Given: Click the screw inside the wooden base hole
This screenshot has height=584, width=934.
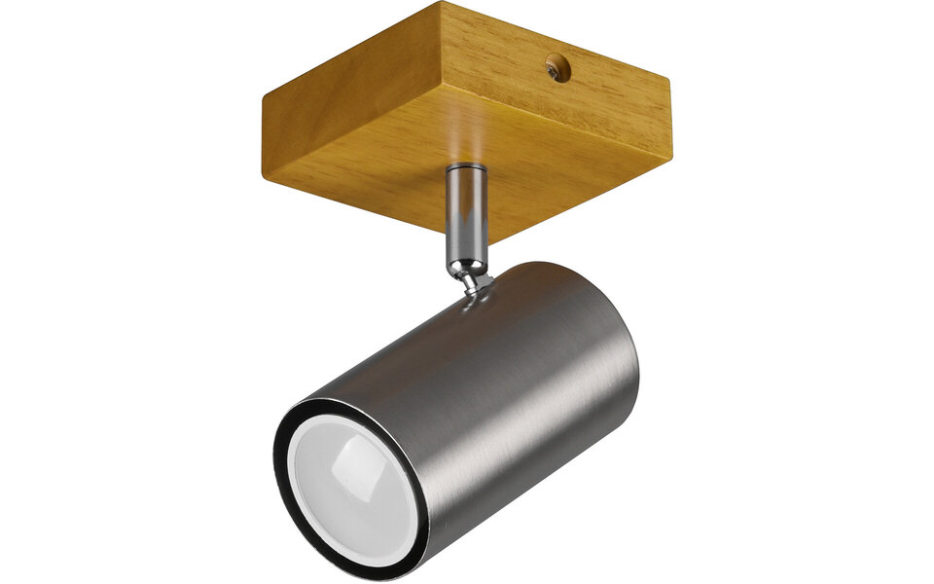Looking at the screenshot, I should coord(556,68).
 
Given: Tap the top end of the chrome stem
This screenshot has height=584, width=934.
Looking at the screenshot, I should coord(466,171).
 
